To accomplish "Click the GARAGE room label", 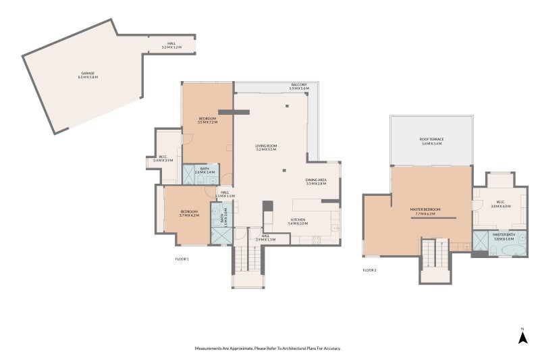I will point(88,75).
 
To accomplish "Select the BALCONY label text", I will point(299,86).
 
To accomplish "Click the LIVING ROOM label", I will point(267,148).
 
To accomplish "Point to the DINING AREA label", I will point(316,182).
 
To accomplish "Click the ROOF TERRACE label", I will point(431,141).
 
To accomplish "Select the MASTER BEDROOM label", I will point(425,211).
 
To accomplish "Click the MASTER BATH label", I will point(504,236).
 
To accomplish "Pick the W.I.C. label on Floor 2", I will point(501,204).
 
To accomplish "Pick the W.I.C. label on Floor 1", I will point(163,158).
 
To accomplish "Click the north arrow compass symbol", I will point(522,336).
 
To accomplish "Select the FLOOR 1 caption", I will point(182,259).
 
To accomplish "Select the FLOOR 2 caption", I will point(369,270).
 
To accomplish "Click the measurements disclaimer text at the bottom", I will point(268,349).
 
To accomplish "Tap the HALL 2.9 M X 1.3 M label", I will point(265,238).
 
